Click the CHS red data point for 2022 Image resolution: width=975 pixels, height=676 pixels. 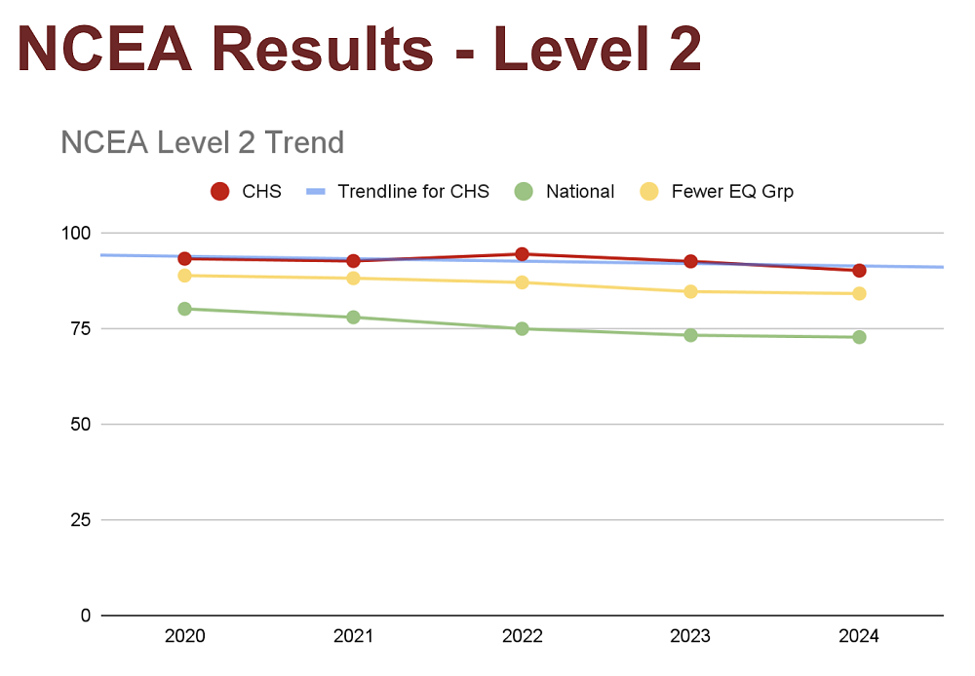point(522,254)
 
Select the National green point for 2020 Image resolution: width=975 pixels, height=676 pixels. point(184,309)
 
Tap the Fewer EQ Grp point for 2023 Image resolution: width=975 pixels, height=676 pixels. point(690,291)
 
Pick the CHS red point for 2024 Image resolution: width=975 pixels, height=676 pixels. point(859,270)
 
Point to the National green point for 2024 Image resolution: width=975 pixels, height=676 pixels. point(859,337)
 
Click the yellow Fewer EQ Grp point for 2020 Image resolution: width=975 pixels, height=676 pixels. point(184,276)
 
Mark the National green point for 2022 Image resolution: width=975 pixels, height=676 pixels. point(522,328)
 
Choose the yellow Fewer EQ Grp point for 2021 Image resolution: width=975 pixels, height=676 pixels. point(353,279)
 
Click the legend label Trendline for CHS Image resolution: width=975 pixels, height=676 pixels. point(413,192)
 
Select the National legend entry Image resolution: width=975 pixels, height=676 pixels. point(580,192)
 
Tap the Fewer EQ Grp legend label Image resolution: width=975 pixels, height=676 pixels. point(732,192)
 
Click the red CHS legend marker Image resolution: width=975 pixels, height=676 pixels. point(220,192)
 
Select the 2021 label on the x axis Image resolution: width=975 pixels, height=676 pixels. point(353,637)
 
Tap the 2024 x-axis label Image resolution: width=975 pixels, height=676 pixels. point(859,637)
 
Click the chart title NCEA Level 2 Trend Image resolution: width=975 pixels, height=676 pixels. point(202,143)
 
